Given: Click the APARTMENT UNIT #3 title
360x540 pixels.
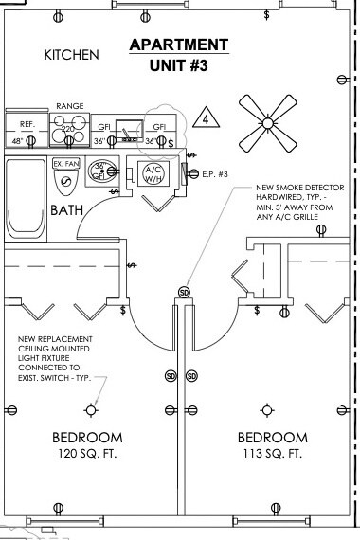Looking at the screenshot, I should click(179, 56).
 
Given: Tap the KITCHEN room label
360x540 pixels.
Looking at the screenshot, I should click(71, 56).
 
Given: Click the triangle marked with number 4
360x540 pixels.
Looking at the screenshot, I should click(204, 120).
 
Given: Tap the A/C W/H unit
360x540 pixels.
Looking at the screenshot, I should click(153, 174).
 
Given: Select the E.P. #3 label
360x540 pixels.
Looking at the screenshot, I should click(216, 174).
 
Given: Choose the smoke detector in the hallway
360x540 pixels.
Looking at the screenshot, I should click(185, 291).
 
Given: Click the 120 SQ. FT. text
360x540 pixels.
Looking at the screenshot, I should click(87, 454).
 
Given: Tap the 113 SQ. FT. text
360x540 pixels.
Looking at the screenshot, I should click(272, 454).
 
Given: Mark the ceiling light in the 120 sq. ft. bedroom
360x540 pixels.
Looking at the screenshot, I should click(91, 409).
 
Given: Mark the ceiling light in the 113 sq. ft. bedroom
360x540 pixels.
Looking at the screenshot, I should click(266, 409).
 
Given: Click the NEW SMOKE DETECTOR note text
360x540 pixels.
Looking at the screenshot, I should click(295, 202).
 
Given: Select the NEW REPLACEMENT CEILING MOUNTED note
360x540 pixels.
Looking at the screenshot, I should click(60, 360).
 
